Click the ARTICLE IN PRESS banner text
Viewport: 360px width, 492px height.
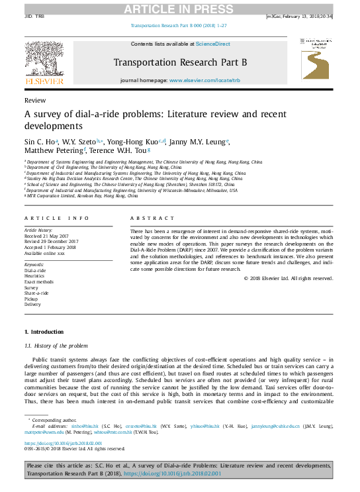[x=181, y=7]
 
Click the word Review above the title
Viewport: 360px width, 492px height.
[x=34, y=100]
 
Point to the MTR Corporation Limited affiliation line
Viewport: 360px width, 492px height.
[x=82, y=197]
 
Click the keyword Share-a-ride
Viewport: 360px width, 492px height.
[x=36, y=293]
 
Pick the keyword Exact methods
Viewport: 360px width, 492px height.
[x=40, y=282]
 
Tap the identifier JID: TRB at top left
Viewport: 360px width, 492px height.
[x=34, y=16]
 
